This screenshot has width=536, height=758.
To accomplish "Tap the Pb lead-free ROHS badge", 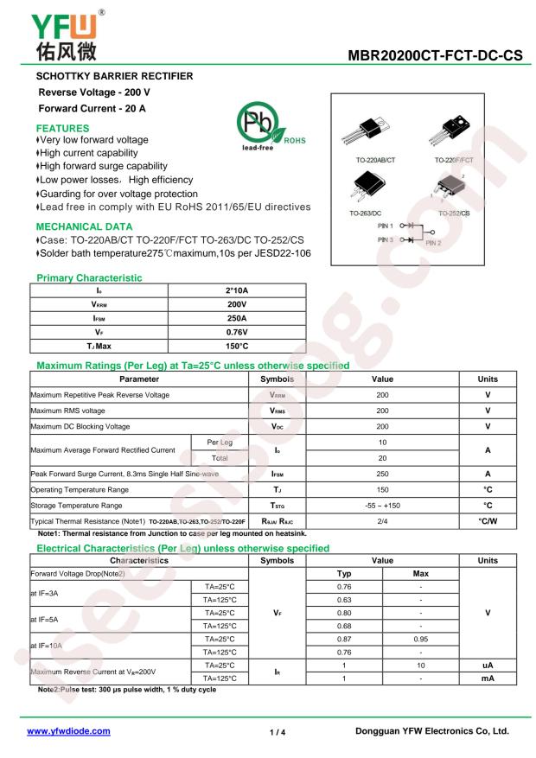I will [260, 130].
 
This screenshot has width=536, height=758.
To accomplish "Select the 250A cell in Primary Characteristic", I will [232, 318].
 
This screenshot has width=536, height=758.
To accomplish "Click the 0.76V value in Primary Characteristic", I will [232, 332].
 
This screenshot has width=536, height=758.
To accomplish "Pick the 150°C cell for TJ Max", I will [232, 346].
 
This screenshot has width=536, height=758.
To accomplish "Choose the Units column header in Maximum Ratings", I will [487, 379].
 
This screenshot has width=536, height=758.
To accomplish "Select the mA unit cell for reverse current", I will [487, 679].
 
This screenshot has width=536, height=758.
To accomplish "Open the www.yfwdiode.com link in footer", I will [69, 731].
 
